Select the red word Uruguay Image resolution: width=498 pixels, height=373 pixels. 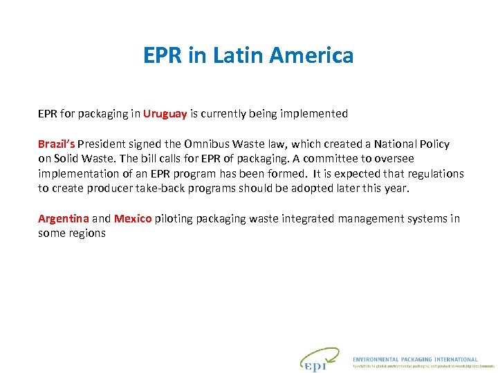165,114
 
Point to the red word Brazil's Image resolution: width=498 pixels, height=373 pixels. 57,144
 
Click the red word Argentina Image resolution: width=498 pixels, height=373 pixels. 64,219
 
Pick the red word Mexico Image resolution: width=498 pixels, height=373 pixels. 133,219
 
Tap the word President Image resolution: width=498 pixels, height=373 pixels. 103,144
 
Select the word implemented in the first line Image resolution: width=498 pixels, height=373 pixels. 314,114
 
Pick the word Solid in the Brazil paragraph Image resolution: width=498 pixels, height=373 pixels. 66,159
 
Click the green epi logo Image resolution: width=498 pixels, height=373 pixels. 319,360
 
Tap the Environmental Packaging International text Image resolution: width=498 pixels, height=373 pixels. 415,359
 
